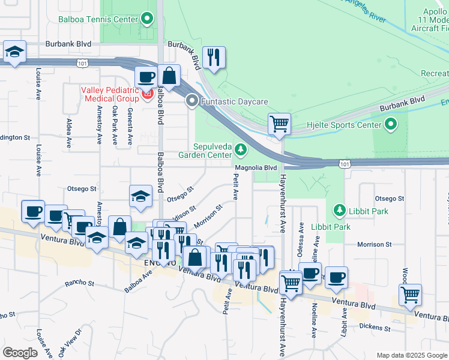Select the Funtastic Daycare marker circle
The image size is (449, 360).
(192, 101)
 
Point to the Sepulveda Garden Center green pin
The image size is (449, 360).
(241, 148)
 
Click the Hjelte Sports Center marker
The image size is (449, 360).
(391, 125)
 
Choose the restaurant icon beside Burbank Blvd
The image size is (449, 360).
(214, 58)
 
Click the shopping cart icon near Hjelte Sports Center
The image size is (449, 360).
(279, 124)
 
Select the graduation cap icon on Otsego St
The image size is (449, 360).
(140, 196)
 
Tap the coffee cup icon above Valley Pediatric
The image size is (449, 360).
(146, 77)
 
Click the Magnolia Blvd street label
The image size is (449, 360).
(255, 168)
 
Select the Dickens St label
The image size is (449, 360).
(374, 326)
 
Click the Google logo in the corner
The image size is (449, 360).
(20, 352)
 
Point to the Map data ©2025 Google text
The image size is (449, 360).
(411, 355)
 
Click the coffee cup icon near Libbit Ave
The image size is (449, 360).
(336, 277)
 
